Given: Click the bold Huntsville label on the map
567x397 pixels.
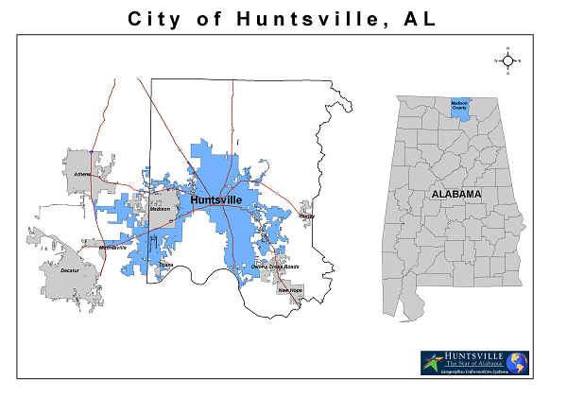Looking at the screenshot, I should (215, 200).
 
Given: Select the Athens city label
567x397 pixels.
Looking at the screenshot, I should (83, 174).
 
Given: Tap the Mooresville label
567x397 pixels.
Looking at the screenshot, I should (112, 248).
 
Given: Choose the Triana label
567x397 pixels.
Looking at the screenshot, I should (166, 265).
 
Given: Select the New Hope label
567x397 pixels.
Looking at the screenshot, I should (289, 290).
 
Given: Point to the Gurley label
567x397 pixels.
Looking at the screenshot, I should (306, 216).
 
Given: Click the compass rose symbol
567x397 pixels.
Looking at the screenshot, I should (507, 60).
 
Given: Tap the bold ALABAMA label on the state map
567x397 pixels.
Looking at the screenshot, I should (456, 194).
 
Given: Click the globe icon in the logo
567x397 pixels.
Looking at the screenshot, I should (516, 363).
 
